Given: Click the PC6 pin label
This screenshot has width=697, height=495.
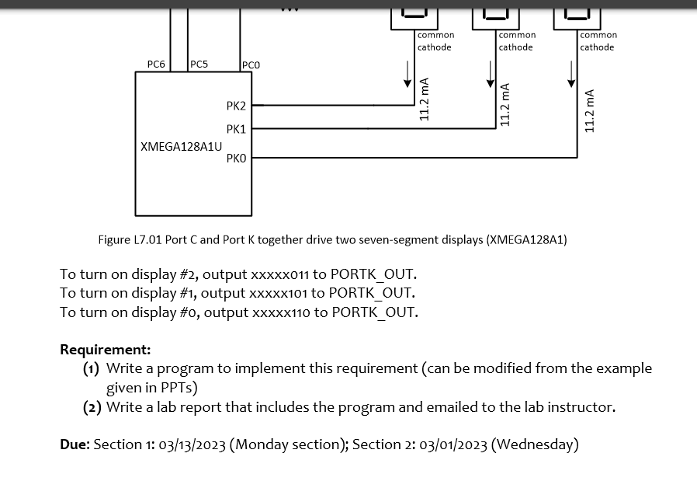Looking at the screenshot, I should [x=156, y=64].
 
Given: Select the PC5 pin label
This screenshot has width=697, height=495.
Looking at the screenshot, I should [x=199, y=64].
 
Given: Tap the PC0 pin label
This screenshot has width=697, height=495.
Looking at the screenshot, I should [x=251, y=65].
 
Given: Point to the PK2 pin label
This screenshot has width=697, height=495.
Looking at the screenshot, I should [x=236, y=106].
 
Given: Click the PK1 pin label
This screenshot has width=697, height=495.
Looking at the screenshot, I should [x=236, y=129].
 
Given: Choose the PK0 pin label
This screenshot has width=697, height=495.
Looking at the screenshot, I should [x=236, y=158].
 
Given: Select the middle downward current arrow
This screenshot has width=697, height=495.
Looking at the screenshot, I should [x=490, y=74].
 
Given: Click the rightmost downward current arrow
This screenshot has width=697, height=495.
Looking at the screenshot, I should [x=571, y=74].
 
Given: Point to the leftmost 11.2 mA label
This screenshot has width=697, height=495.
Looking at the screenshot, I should [x=425, y=99].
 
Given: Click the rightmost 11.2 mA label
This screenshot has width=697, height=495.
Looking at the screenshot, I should [x=591, y=110].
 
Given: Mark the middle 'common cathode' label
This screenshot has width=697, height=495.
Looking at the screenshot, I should [x=516, y=41].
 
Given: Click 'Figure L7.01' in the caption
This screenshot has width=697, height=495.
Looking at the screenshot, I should [x=130, y=239].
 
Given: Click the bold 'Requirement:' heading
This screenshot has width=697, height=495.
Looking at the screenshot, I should [x=106, y=350].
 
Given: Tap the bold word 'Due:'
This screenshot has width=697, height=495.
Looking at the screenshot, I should [x=75, y=444].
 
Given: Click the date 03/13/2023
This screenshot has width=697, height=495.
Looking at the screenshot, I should [x=192, y=444].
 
